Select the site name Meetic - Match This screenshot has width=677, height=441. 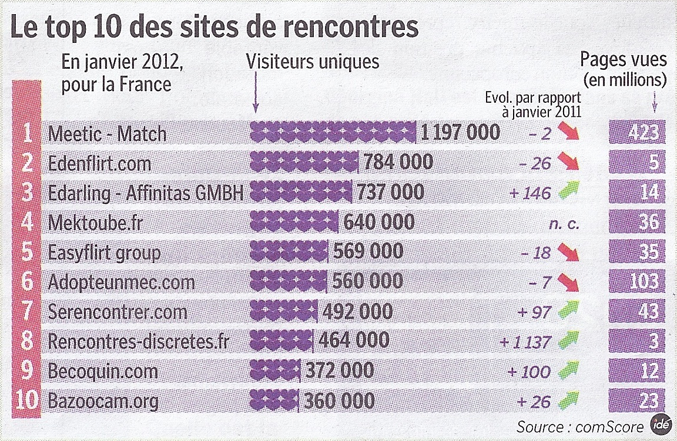coord(107,134)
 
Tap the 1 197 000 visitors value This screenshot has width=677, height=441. coord(460,133)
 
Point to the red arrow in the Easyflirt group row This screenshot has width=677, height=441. coord(568,253)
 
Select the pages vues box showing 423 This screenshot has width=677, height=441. coord(637,132)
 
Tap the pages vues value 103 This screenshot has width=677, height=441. coord(637,282)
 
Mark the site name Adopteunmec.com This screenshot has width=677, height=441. coord(121,282)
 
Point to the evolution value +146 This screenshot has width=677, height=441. coord(531,193)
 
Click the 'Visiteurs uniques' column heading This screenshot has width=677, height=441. coord(313,62)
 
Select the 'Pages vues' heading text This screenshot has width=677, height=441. coord(624,60)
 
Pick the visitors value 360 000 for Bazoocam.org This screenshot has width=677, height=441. coord(339,401)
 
